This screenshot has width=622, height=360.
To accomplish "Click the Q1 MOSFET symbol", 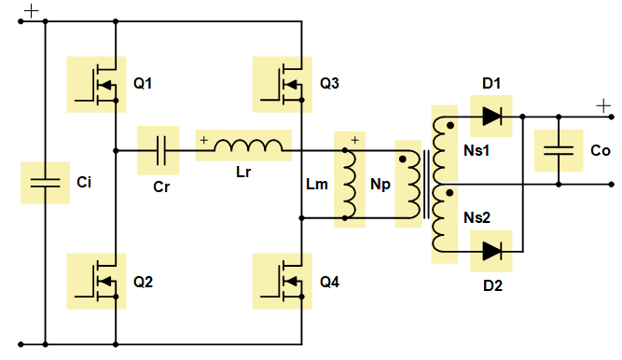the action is [96, 85].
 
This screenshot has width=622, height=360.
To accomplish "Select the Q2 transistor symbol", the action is [96, 281].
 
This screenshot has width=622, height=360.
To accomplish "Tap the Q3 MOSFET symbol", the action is [283, 85].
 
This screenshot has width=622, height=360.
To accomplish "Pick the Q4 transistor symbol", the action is [283, 281].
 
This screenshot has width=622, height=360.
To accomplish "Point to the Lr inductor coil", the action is [248, 145].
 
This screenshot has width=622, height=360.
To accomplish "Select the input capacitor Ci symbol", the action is [45, 183].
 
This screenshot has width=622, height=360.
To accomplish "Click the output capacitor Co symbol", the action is [559, 150].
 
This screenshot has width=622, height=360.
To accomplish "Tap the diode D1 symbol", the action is [491, 117].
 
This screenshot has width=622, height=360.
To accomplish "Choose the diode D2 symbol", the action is [491, 251].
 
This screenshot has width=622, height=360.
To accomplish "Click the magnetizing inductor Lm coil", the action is [350, 184].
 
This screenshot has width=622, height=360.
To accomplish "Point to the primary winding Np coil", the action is [412, 185].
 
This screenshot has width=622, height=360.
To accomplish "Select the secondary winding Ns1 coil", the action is [439, 150].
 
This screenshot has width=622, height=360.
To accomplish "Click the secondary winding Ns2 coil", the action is [439, 218].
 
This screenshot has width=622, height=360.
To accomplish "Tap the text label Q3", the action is [329, 83].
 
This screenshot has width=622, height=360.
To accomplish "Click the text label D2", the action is [492, 285].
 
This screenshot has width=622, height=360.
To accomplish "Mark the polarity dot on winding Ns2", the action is [449, 193].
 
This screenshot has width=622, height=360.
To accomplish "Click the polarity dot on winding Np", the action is [403, 159].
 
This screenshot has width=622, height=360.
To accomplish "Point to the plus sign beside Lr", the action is [204, 140].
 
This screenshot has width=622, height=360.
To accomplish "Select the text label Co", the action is [601, 151].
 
